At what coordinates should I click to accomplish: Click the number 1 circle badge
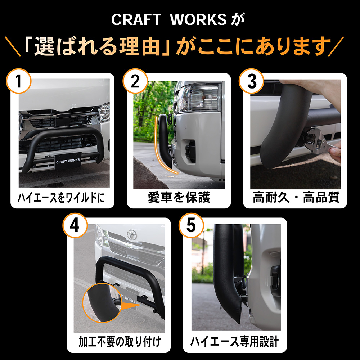[19, 81]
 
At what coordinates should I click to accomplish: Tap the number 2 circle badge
[135, 81]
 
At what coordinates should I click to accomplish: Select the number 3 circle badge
[251, 81]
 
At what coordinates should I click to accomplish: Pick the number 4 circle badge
[75, 225]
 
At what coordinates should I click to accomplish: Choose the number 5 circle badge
[191, 225]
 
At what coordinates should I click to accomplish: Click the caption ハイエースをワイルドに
[61, 197]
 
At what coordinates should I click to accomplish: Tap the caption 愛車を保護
[179, 197]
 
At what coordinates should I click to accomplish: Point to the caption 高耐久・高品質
[296, 197]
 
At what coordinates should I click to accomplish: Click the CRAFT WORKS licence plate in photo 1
[68, 161]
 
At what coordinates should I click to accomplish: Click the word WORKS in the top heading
[198, 19]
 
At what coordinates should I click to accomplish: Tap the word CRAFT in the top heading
[136, 19]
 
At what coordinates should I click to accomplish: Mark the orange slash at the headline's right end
[336, 46]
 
